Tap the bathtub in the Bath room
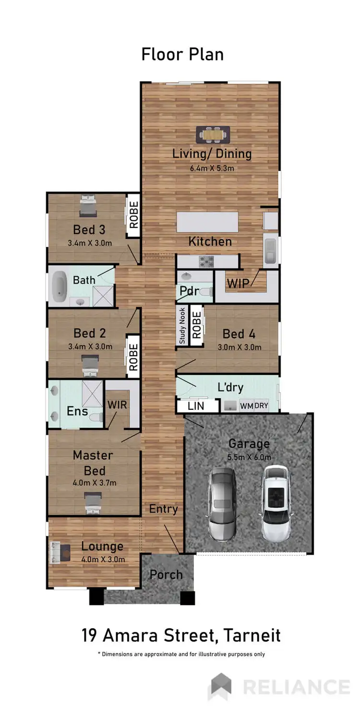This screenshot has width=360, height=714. (x=60, y=287)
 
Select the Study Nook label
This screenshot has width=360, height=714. (x=182, y=326)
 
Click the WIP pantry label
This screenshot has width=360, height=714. (x=239, y=283)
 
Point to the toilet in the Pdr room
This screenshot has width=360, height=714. (x=205, y=292)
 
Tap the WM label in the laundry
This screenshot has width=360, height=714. (x=246, y=406)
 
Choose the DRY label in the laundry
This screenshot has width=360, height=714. (x=261, y=406)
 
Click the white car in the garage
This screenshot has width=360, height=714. (x=276, y=497)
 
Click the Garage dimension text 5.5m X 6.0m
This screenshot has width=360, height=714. (x=249, y=457)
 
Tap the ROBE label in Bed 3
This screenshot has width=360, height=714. (x=133, y=215)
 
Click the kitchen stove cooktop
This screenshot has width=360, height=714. (x=206, y=262)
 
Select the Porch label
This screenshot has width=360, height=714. (x=166, y=574)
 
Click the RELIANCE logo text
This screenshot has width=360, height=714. (x=296, y=687)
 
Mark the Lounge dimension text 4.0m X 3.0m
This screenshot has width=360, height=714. (x=103, y=559)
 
